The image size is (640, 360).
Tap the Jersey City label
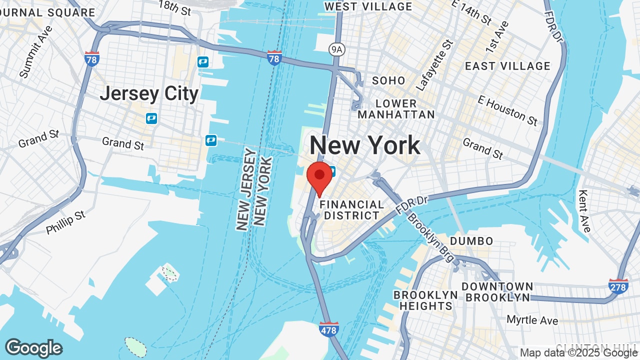(x=149, y=93)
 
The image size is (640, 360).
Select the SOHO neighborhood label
(x=388, y=80)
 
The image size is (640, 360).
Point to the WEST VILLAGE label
(x=368, y=6)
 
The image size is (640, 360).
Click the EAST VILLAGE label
(x=507, y=66)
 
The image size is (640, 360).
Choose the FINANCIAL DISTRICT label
(x=352, y=210)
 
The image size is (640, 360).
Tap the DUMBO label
(x=471, y=241)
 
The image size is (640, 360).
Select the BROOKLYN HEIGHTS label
(x=425, y=300)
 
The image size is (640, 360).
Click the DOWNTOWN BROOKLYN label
(x=497, y=292)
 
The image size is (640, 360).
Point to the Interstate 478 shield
(x=329, y=329)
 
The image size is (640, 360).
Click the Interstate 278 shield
(x=618, y=286)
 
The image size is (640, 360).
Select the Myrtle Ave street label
(x=532, y=319)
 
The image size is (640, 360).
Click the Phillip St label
(x=66, y=222)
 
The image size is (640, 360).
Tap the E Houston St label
(x=507, y=110)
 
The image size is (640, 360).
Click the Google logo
(x=33, y=348)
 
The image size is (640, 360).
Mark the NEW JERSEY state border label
(x=244, y=190)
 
